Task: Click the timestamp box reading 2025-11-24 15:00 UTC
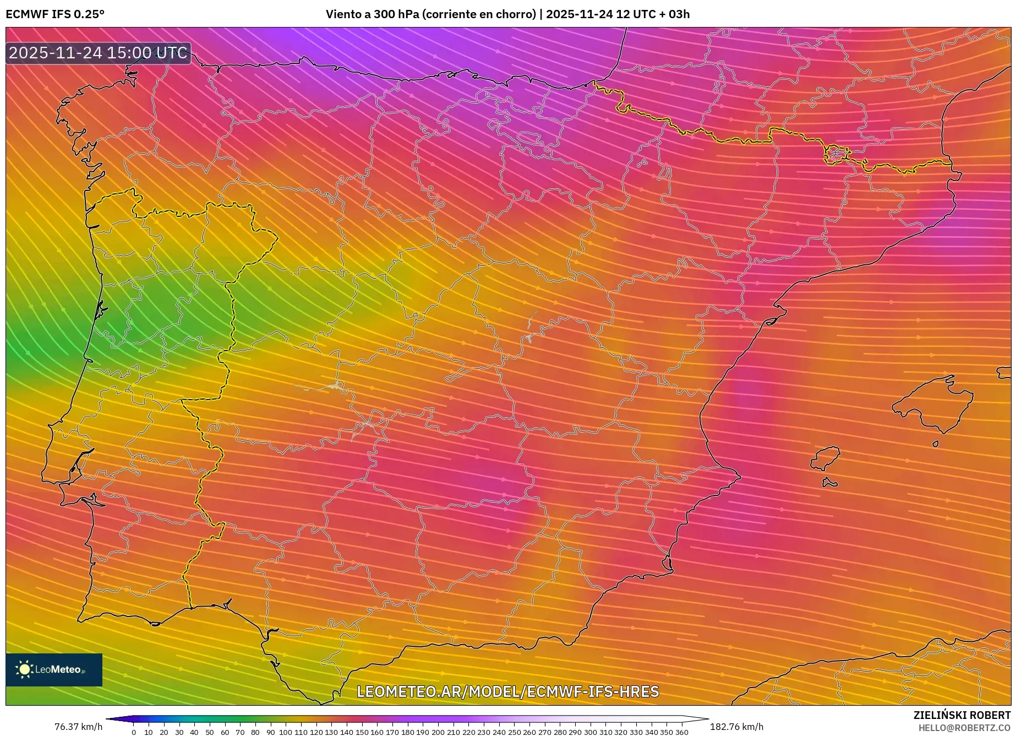[x=98, y=53]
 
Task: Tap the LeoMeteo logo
[x=54, y=669]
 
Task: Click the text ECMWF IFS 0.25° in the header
[x=55, y=14]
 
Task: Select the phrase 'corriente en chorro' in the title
[x=478, y=14]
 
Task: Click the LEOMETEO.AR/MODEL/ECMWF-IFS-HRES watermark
[x=507, y=691]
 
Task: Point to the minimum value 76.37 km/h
[x=78, y=727]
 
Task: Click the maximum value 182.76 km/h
[x=736, y=727]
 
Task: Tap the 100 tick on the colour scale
[x=285, y=732]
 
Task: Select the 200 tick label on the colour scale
[x=438, y=732]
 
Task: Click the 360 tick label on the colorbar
[x=681, y=732]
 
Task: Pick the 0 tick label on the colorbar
[x=134, y=732]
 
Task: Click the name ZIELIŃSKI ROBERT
[x=962, y=716]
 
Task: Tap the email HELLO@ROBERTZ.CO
[x=964, y=728]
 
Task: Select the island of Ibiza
[x=826, y=458]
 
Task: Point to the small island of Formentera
[x=829, y=483]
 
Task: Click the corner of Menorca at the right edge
[x=1005, y=373]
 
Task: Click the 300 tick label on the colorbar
[x=590, y=732]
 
